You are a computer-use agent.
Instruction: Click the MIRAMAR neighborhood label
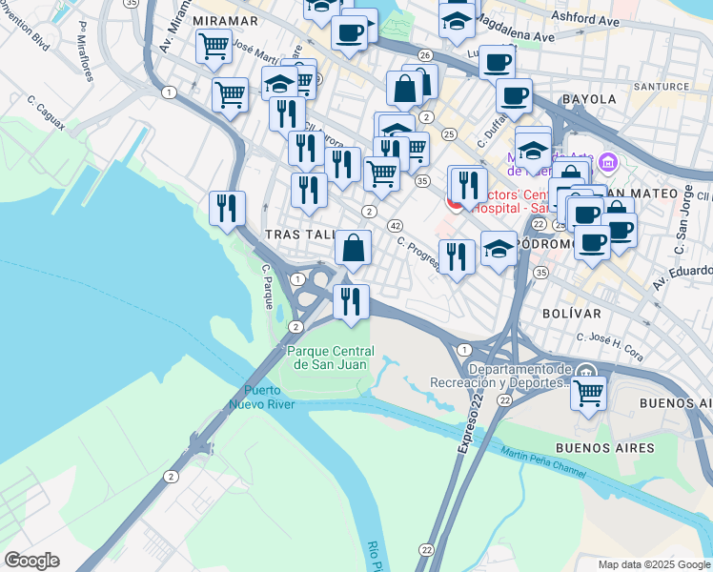click(225, 20)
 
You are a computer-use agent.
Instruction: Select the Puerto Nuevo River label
click(262, 397)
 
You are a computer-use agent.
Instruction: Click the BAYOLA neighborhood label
click(590, 98)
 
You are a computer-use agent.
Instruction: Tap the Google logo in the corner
click(31, 561)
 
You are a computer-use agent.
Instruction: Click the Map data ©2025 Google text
click(653, 564)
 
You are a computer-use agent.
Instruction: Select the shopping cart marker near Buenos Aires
click(589, 391)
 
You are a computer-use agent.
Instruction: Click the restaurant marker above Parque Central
click(351, 301)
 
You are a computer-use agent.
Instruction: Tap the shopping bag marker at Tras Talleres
click(353, 248)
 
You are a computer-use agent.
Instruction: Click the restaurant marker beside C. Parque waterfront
click(227, 208)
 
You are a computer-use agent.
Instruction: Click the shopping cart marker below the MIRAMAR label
click(214, 46)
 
